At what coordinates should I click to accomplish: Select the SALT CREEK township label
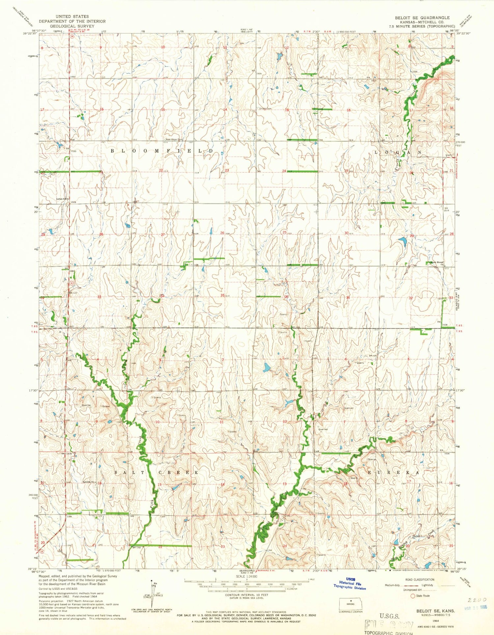tap(157, 473)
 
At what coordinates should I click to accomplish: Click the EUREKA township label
tap(394, 472)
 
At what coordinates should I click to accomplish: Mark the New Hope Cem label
tap(174, 139)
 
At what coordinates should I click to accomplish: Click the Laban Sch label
tap(61, 199)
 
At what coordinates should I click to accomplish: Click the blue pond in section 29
tap(402, 241)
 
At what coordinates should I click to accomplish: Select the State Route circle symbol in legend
tap(412, 595)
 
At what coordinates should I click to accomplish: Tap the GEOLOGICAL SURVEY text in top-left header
tap(72, 26)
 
